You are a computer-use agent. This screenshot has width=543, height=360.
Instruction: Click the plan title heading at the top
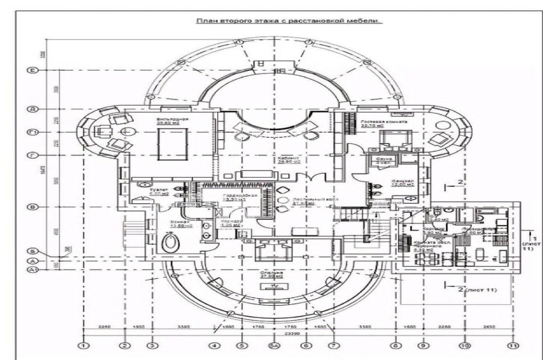click(289, 21)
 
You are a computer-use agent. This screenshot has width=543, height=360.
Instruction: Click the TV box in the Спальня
click(275, 287)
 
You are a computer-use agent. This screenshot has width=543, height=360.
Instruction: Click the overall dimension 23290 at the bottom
click(292, 334)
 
